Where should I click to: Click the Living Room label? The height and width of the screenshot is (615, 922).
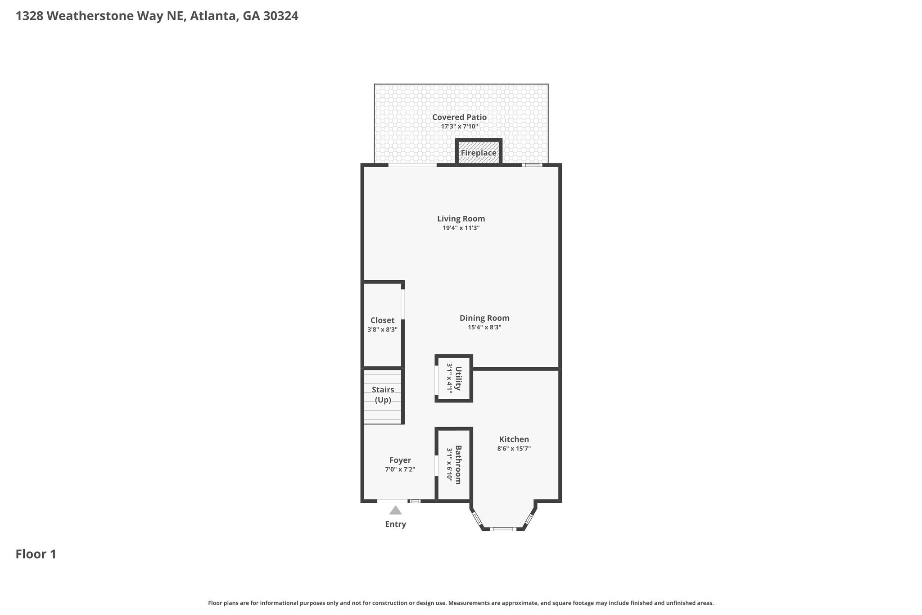tap(461, 219)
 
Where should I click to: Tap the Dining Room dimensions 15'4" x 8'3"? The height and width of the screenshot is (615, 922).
tap(484, 328)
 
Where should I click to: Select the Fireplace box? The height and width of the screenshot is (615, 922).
tap(479, 152)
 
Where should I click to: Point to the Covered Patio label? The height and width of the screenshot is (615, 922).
tap(459, 117)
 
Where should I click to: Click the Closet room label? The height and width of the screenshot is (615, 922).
tap(382, 320)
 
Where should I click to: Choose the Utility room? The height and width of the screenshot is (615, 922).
tap(454, 378)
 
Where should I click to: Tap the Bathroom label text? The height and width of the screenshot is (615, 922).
tap(458, 465)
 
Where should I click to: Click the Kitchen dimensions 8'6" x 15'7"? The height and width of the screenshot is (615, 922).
tap(514, 449)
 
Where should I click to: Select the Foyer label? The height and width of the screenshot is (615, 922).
tap(400, 460)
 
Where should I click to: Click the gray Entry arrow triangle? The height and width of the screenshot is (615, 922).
tap(395, 510)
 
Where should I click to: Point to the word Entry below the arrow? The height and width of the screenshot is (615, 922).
tap(395, 524)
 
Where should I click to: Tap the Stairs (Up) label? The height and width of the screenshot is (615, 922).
tap(383, 395)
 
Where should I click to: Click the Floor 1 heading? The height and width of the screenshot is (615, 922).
tap(36, 554)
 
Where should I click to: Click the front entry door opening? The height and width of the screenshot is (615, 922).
tap(392, 501)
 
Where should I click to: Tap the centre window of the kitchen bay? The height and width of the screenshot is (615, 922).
tap(503, 529)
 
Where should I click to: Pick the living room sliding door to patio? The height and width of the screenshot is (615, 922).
tap(412, 165)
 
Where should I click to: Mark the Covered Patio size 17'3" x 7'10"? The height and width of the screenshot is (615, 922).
tap(459, 127)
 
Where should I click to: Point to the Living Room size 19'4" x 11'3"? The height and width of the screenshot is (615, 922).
tap(461, 228)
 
